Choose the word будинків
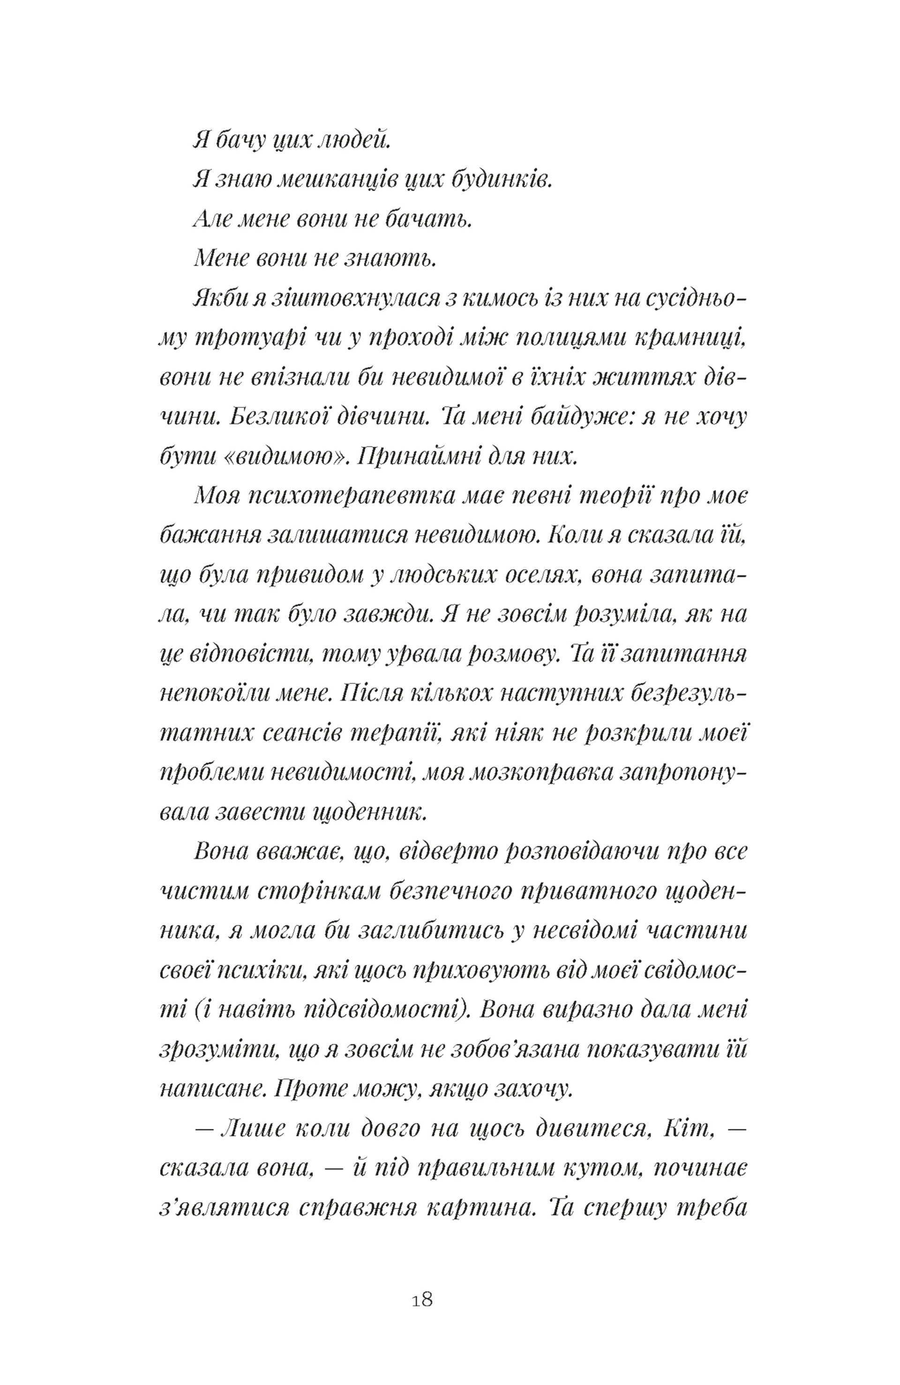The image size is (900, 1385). pos(501,180)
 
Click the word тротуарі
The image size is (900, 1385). pos(254,338)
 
